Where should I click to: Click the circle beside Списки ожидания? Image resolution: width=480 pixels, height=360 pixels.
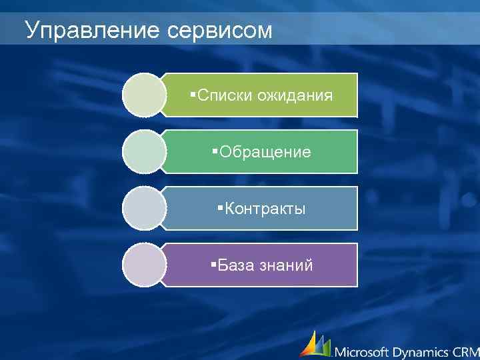pyautogui.click(x=143, y=95)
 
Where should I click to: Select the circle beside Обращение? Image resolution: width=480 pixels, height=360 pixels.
pyautogui.click(x=143, y=151)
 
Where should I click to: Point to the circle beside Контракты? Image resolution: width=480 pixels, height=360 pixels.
pyautogui.click(x=143, y=208)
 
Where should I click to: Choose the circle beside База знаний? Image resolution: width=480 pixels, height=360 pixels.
pyautogui.click(x=143, y=265)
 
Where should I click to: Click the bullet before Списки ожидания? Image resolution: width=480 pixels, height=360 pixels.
pyautogui.click(x=192, y=93)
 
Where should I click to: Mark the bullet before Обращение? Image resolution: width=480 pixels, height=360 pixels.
pyautogui.click(x=215, y=150)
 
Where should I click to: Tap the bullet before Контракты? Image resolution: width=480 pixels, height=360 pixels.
pyautogui.click(x=220, y=207)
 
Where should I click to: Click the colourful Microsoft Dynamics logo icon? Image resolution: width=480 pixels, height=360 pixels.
pyautogui.click(x=314, y=344)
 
